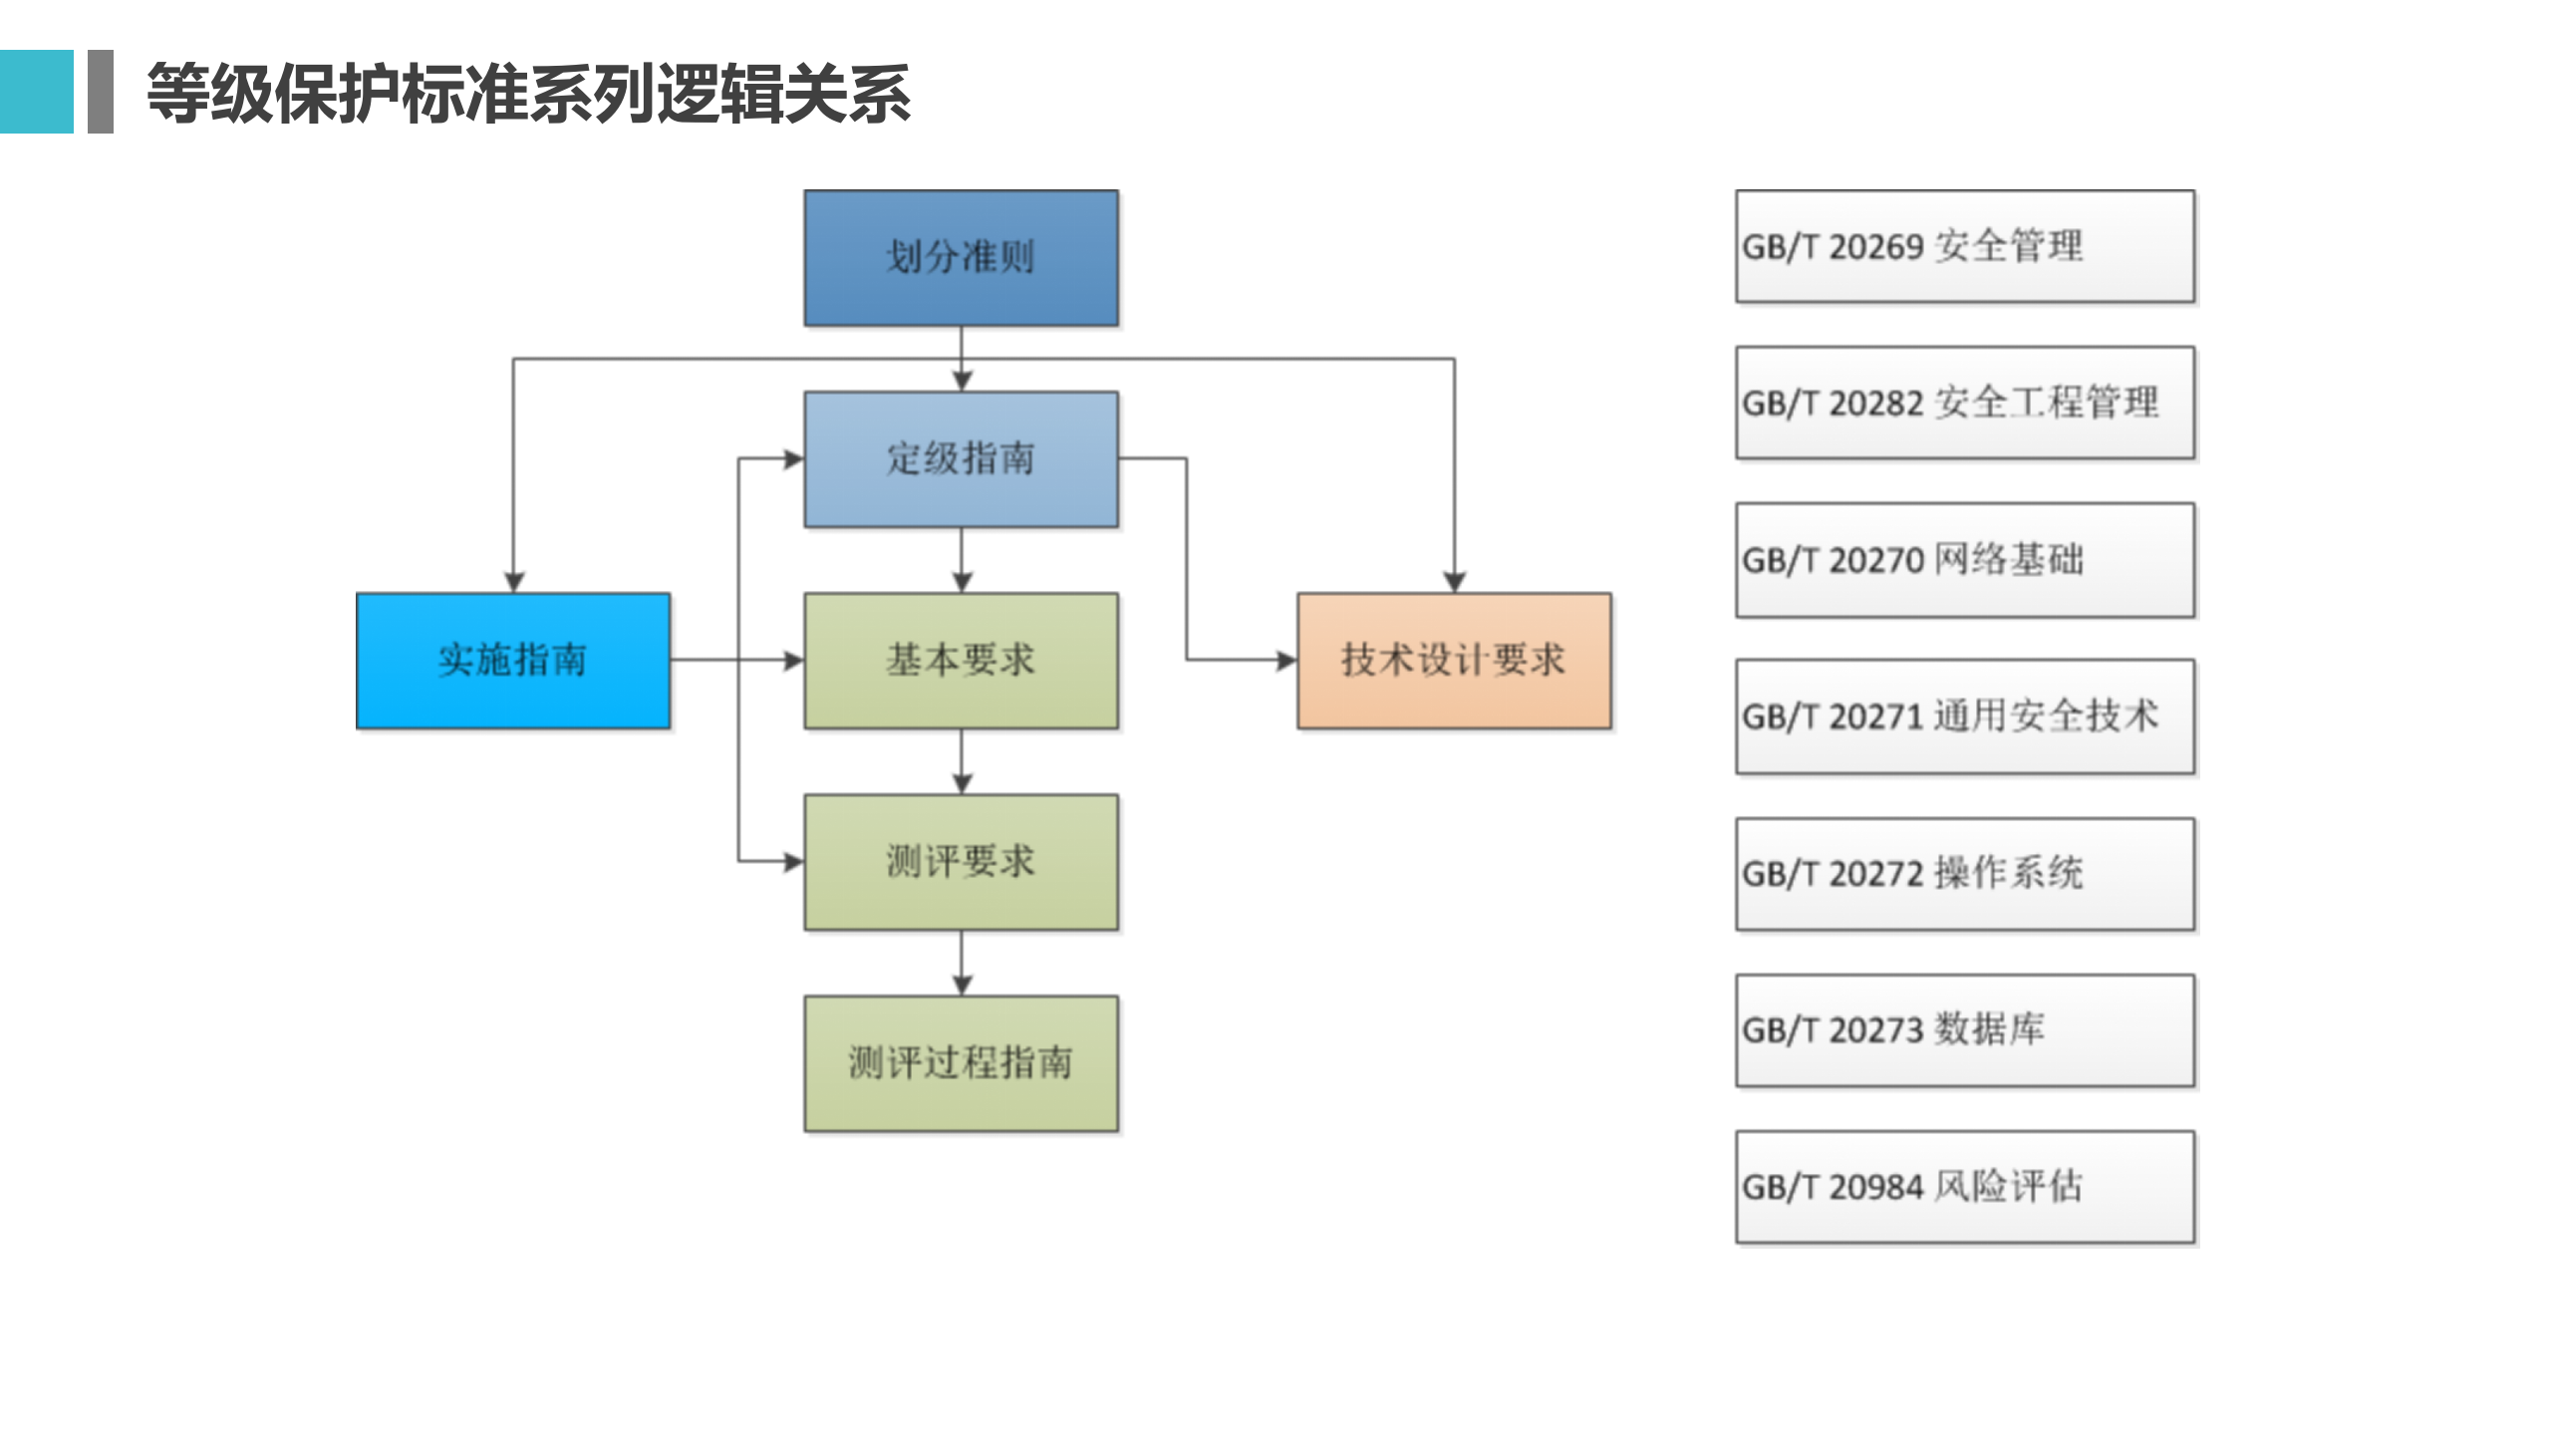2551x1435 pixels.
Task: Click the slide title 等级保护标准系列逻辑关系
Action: point(528,94)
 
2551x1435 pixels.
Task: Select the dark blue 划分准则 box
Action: point(961,258)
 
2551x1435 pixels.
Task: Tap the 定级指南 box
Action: point(961,459)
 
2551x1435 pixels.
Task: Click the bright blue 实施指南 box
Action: point(513,661)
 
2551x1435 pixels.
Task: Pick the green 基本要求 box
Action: point(961,661)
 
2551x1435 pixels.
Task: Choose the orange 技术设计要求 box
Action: point(1454,661)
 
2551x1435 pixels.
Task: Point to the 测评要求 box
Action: point(961,862)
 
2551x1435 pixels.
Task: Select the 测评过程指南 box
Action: point(961,1063)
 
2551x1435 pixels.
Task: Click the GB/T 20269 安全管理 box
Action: point(1964,246)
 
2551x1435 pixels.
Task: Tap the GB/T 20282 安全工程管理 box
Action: point(1964,403)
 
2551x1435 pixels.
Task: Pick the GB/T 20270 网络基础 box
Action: point(1964,560)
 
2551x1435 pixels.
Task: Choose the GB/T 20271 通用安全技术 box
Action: point(1964,717)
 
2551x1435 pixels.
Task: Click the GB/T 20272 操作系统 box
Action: point(1964,874)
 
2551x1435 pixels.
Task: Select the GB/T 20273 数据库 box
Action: point(1964,1030)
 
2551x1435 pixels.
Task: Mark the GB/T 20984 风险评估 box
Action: point(1964,1187)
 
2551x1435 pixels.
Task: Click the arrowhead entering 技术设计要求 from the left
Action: point(1286,660)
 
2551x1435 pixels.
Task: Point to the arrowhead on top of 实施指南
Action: point(513,582)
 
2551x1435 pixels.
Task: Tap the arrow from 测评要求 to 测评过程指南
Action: point(961,963)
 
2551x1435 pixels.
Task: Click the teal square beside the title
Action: point(36,92)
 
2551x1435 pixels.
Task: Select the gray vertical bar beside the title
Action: point(101,92)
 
